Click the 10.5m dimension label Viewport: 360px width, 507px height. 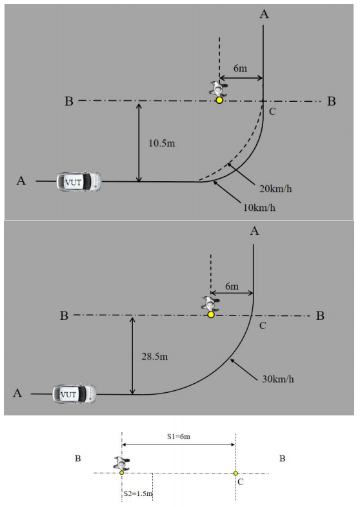coord(162,143)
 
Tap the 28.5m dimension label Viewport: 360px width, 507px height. coord(155,357)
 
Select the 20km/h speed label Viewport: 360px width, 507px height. coord(275,188)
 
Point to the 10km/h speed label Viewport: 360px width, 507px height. coord(259,208)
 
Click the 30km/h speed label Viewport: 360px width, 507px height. coord(278,379)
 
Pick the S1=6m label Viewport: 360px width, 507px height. coord(179,437)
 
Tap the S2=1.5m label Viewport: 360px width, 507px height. coord(138,493)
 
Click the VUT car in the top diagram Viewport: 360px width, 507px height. coord(79,182)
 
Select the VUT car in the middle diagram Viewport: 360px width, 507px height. coord(74,394)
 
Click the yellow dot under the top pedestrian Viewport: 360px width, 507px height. coord(219,100)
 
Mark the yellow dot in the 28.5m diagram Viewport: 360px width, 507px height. coord(211,314)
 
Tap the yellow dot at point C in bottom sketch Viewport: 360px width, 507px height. coord(235,473)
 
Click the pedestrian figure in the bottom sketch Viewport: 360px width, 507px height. coord(121,463)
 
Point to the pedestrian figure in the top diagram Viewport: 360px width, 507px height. coord(219,88)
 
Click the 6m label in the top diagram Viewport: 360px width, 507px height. coord(240,68)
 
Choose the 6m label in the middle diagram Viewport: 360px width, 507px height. coord(232,286)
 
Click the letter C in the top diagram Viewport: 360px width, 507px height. coord(272,112)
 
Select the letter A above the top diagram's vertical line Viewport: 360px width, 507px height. coord(265,14)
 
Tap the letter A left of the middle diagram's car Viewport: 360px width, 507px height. coord(17,393)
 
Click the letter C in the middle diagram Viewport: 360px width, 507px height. coord(263,326)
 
